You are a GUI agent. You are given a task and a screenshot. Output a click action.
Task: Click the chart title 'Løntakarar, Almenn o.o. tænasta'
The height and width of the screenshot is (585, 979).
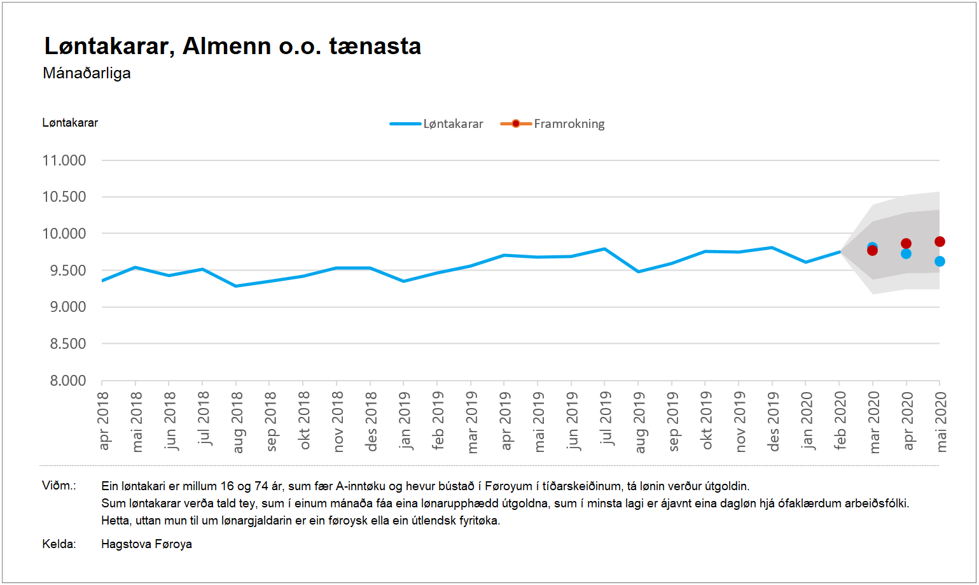pos(232,46)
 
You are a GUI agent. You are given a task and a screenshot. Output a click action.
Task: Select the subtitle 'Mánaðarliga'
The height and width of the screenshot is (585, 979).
pos(87,73)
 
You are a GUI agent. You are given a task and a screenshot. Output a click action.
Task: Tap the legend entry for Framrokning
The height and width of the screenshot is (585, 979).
pos(553,123)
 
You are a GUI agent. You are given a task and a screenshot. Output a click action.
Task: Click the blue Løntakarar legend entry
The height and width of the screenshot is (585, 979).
pos(437,123)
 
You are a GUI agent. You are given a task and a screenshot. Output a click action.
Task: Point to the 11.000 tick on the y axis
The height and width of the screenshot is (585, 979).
pos(64,160)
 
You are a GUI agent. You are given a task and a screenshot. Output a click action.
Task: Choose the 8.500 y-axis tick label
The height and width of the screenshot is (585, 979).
pos(67,344)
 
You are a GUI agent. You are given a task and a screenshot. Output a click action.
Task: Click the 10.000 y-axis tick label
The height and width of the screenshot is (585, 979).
pos(64,234)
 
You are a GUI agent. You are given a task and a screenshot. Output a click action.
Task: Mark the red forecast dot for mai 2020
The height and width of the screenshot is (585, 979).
pos(940,241)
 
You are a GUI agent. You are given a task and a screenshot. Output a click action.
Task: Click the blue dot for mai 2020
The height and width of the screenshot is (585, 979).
pos(940,261)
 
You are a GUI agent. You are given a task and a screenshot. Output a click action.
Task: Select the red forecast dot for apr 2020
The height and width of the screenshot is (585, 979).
pos(906,243)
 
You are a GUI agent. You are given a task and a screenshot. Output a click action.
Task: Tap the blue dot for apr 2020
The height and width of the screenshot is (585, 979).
pos(906,254)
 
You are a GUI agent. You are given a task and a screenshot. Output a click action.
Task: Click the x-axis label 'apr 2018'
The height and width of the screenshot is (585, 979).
pos(103,421)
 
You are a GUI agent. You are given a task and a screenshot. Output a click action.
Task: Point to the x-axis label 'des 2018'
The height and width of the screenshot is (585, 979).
pos(371,421)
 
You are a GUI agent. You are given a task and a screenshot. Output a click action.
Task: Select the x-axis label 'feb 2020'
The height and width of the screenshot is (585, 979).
pos(840,421)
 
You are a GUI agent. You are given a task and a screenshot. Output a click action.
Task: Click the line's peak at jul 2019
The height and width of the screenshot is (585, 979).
pos(605,249)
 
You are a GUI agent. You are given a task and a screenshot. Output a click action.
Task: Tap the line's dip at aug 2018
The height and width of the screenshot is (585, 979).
pos(236,286)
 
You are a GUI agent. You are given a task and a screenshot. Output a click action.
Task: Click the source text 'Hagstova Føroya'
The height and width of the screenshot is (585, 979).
pos(146,544)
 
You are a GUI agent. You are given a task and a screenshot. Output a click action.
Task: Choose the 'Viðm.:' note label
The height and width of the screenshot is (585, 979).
pos(59,486)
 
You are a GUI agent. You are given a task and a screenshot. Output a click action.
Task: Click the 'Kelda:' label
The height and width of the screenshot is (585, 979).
pos(59,544)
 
